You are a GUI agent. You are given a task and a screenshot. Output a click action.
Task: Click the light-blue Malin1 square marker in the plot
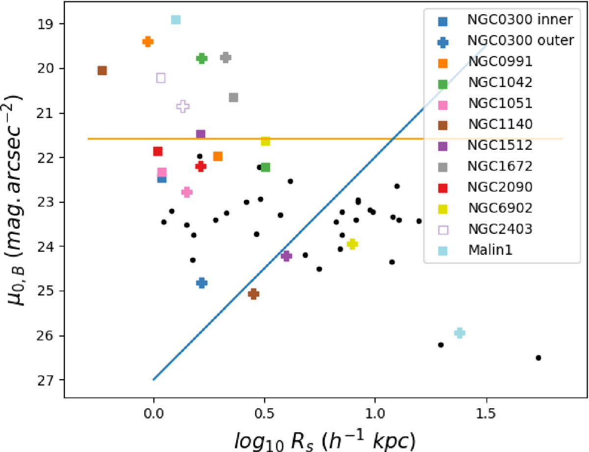click(176, 20)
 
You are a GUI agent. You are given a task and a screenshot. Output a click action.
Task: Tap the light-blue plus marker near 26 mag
click(459, 333)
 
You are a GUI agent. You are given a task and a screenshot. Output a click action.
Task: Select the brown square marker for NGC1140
click(102, 71)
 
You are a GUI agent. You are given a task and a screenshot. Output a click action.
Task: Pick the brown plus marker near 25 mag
click(253, 294)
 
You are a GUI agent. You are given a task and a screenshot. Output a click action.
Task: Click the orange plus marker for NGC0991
click(148, 42)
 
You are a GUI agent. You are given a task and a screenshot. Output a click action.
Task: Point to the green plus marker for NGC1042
click(201, 58)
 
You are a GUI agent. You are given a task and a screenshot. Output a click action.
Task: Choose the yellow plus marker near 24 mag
click(351, 244)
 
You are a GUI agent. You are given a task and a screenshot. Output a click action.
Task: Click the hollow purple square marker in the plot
click(161, 78)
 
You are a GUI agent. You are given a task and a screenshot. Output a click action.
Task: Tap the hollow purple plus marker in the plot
click(183, 106)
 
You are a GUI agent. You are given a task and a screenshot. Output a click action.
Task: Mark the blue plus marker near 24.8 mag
click(201, 282)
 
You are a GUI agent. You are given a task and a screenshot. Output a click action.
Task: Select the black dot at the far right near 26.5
click(538, 358)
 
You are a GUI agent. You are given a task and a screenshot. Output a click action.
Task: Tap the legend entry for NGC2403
click(500, 230)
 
